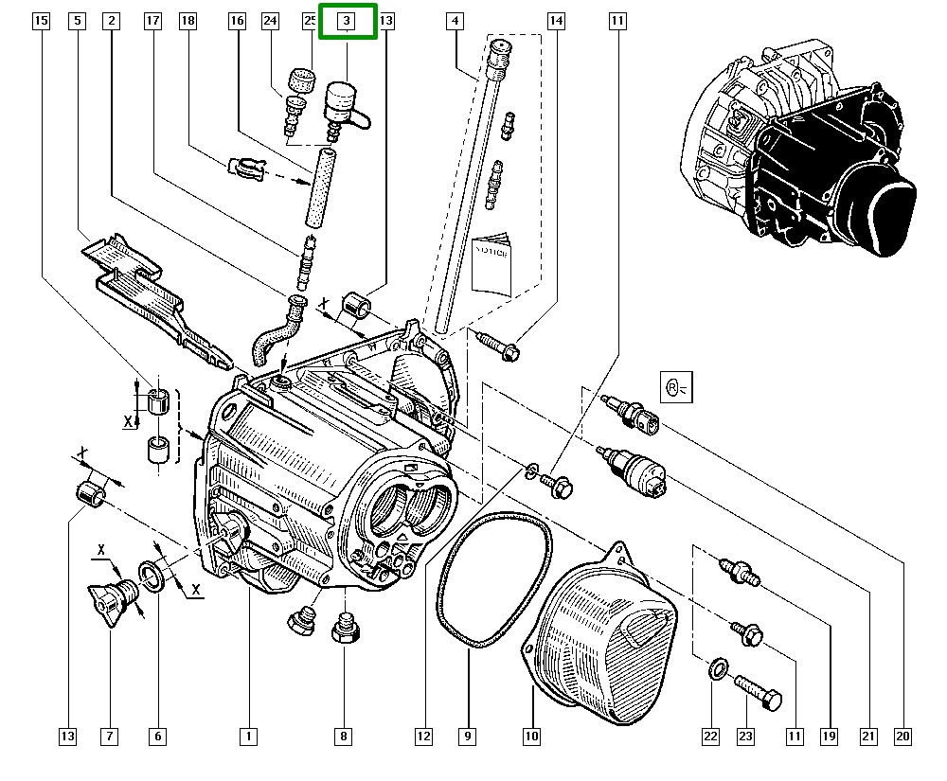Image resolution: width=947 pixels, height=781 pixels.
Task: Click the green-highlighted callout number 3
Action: (x=348, y=20)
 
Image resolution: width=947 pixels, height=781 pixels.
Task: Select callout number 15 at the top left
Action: (x=41, y=20)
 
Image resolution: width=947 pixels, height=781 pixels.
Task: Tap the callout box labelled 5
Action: (x=77, y=20)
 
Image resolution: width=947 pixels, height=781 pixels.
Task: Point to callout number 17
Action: (x=152, y=20)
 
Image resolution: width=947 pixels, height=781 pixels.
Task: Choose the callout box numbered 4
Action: (x=456, y=20)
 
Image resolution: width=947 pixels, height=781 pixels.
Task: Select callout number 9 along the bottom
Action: (x=467, y=736)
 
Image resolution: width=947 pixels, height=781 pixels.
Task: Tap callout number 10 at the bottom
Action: (x=530, y=736)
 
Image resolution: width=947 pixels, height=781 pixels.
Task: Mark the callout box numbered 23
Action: (x=745, y=736)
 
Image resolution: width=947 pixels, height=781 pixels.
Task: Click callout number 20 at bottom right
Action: (x=902, y=736)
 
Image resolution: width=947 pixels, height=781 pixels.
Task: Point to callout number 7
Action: (x=110, y=736)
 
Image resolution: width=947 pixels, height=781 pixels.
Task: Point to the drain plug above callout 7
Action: (x=111, y=597)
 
